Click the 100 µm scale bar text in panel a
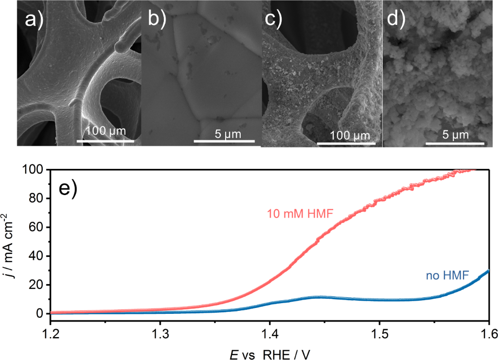pyautogui.click(x=106, y=131)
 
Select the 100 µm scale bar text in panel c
pyautogui.click(x=346, y=135)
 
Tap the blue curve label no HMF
pyautogui.click(x=447, y=276)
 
